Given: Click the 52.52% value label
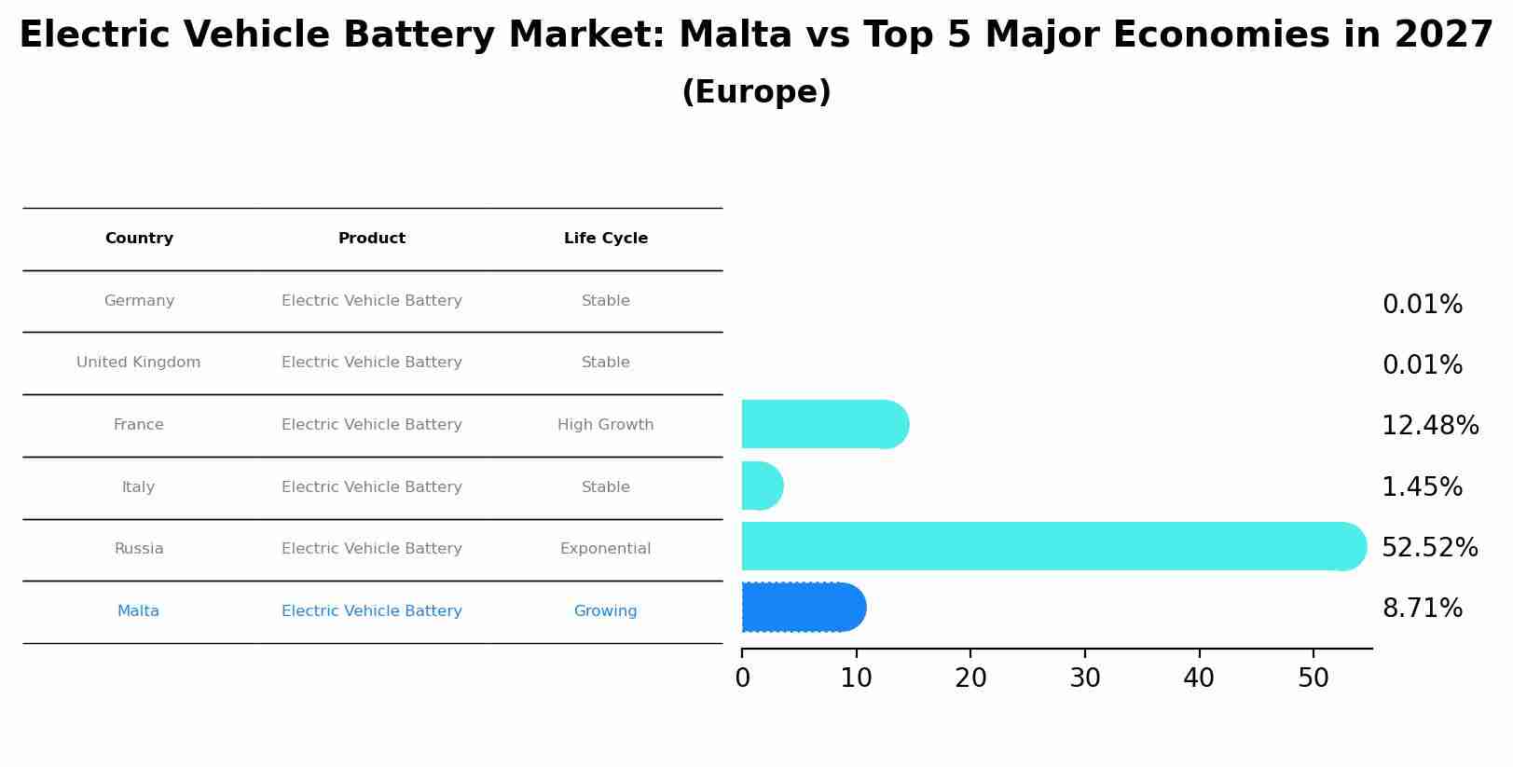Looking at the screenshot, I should (x=1429, y=548).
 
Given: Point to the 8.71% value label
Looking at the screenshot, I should (x=1422, y=609).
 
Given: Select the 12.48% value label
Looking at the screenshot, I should (x=1429, y=426).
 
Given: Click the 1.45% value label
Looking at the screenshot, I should (x=1422, y=487).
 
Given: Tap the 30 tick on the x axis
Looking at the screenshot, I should (x=1085, y=678).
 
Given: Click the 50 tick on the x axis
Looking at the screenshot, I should (x=1313, y=678).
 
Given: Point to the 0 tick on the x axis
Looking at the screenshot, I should (x=742, y=678).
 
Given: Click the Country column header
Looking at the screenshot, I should (x=139, y=239).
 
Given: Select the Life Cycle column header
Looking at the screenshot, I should (x=605, y=239).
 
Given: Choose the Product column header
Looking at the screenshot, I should (x=371, y=239).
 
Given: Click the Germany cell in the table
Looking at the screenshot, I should (x=139, y=301).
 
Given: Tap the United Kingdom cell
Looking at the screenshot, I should (x=138, y=363).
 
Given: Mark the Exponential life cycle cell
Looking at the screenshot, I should (x=605, y=549).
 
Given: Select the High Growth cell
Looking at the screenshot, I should (x=605, y=425).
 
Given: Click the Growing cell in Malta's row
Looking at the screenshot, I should (x=605, y=611).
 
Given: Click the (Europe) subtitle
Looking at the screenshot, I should (x=756, y=92).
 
